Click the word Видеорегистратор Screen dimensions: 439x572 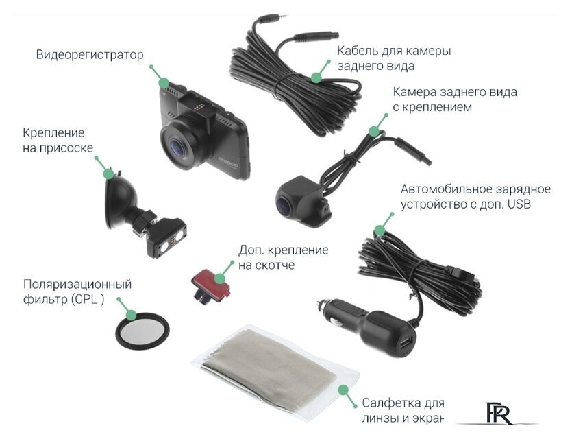click(90, 55)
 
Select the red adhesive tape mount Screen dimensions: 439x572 click(208, 283)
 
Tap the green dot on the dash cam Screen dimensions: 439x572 click(164, 82)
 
